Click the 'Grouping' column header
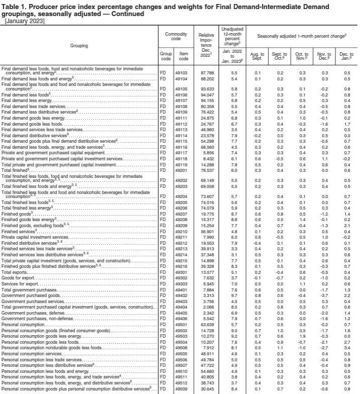tap(79, 45)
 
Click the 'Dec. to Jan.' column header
tap(346, 55)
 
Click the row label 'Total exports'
tap(14, 272)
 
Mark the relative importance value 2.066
tap(204, 307)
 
